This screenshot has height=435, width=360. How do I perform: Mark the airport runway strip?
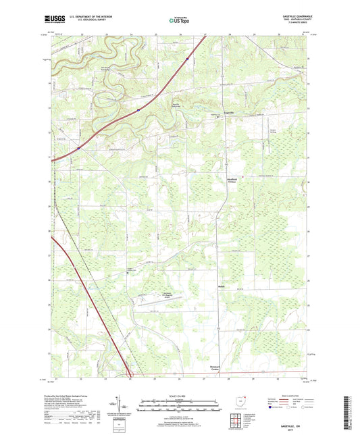pos(162,305)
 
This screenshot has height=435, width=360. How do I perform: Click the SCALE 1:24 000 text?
pos(180,395)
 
